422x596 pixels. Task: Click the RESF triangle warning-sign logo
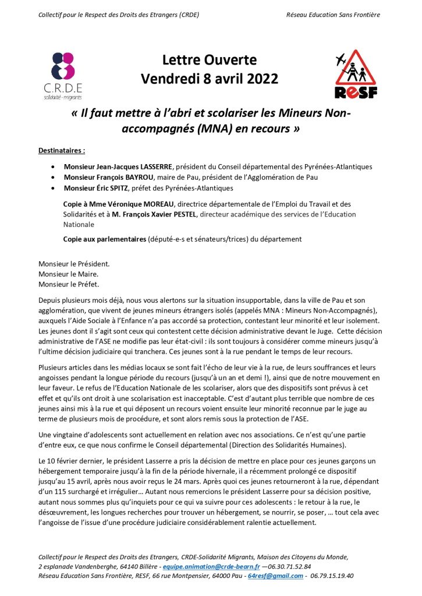(356, 75)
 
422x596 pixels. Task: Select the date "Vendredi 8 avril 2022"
(210, 79)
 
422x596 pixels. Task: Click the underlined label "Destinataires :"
(62, 150)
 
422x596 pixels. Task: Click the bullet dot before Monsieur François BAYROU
(54, 178)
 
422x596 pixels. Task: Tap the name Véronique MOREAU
(140, 204)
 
